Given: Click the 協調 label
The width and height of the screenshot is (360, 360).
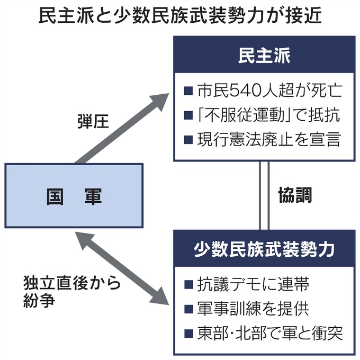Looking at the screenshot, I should tap(295, 195).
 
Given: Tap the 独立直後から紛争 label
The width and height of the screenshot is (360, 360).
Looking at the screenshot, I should tap(71, 292).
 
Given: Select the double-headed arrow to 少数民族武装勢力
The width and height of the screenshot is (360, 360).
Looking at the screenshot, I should tap(122, 270).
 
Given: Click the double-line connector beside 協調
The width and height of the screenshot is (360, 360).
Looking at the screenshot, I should tap(264, 195).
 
